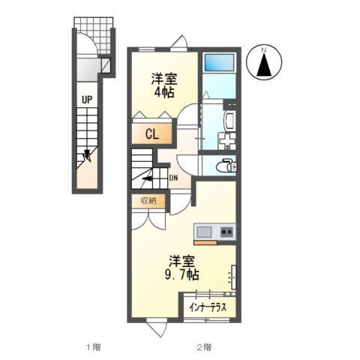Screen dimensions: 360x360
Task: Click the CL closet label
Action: point(151,135)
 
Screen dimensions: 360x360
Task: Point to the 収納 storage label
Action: point(147,200)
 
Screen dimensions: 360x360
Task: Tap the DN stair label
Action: point(173,178)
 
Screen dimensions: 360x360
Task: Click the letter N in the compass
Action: point(264,50)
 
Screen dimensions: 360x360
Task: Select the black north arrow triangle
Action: point(264,66)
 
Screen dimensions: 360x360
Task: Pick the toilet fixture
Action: point(225,166)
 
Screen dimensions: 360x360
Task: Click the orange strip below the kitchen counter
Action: point(203,243)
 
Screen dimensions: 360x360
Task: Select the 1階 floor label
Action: point(93,346)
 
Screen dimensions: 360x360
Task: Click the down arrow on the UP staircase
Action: point(88,155)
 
